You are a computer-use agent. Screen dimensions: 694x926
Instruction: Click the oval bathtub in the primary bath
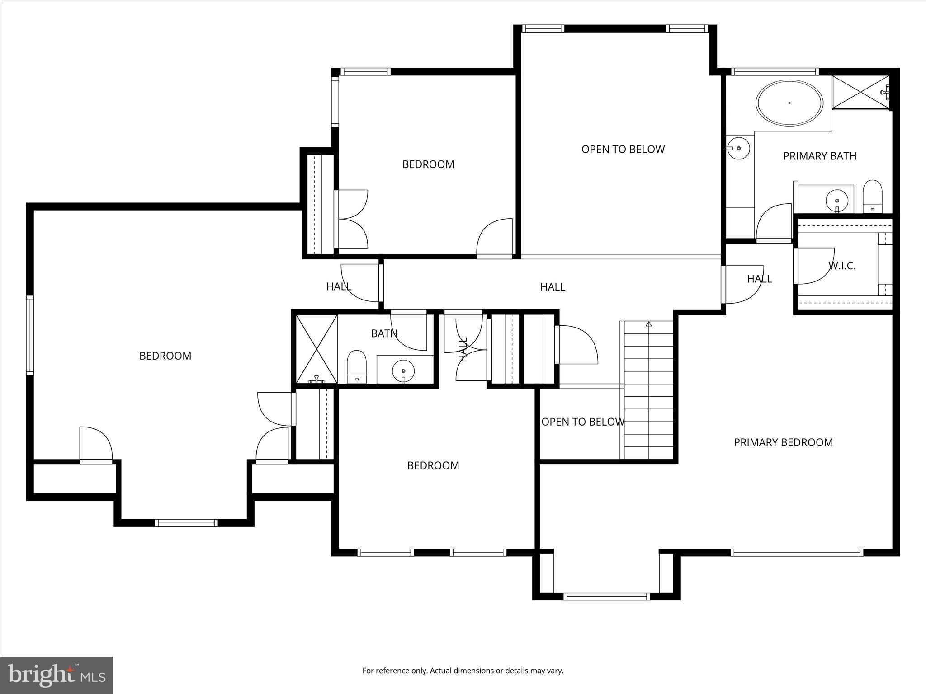(x=789, y=103)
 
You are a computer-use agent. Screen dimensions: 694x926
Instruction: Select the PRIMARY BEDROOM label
(x=783, y=442)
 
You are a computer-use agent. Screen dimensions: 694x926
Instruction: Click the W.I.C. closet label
(x=842, y=266)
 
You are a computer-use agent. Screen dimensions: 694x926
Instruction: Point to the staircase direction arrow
(x=649, y=324)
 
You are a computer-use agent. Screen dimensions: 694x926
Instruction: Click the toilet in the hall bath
(x=356, y=366)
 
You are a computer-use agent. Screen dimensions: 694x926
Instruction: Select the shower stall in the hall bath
(x=317, y=349)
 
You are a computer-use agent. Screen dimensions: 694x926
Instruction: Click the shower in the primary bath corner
(x=860, y=92)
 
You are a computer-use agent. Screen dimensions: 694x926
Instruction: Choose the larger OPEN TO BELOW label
(x=623, y=149)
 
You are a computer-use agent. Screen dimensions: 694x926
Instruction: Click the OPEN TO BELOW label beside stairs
(x=582, y=422)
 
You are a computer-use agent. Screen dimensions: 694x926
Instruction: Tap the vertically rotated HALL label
(x=463, y=349)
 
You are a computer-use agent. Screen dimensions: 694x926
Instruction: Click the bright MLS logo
(x=57, y=675)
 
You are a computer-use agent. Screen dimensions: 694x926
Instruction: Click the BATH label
(x=384, y=333)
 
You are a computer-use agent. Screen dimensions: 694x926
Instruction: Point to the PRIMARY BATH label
(x=819, y=156)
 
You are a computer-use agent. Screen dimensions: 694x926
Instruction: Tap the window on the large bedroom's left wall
(x=30, y=335)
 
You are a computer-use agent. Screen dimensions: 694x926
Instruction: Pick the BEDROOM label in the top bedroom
(x=428, y=164)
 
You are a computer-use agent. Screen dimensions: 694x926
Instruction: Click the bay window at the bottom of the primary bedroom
(x=606, y=596)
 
